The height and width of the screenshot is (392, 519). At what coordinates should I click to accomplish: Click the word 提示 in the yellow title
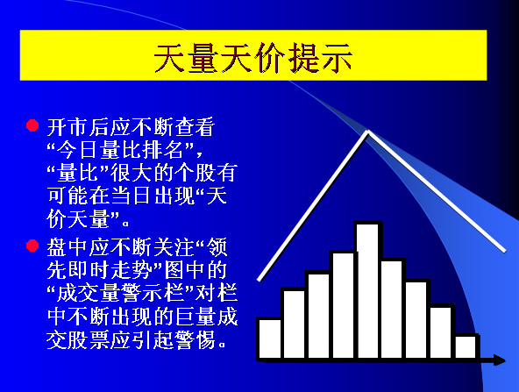pos(320,58)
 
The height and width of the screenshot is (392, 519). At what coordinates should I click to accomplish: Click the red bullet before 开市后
pos(32,125)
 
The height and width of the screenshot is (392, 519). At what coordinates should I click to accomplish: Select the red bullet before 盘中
pos(32,246)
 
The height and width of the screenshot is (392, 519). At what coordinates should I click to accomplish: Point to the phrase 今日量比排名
pos(120,150)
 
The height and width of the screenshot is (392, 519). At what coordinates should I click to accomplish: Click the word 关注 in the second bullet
pos(174,247)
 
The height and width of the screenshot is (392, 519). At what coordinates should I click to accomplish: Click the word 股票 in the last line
pos(89,339)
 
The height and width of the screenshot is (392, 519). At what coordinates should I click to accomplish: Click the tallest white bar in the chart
pos(368,290)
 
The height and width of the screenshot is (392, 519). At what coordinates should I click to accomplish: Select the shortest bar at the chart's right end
pos(466,346)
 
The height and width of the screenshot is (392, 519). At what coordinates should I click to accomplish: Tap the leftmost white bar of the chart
pos(270,339)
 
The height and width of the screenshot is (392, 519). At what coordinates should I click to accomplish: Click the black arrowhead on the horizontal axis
pos(499,360)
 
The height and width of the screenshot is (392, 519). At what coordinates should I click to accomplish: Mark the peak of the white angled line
pos(367,132)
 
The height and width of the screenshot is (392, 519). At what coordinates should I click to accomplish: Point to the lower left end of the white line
pos(259,280)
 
